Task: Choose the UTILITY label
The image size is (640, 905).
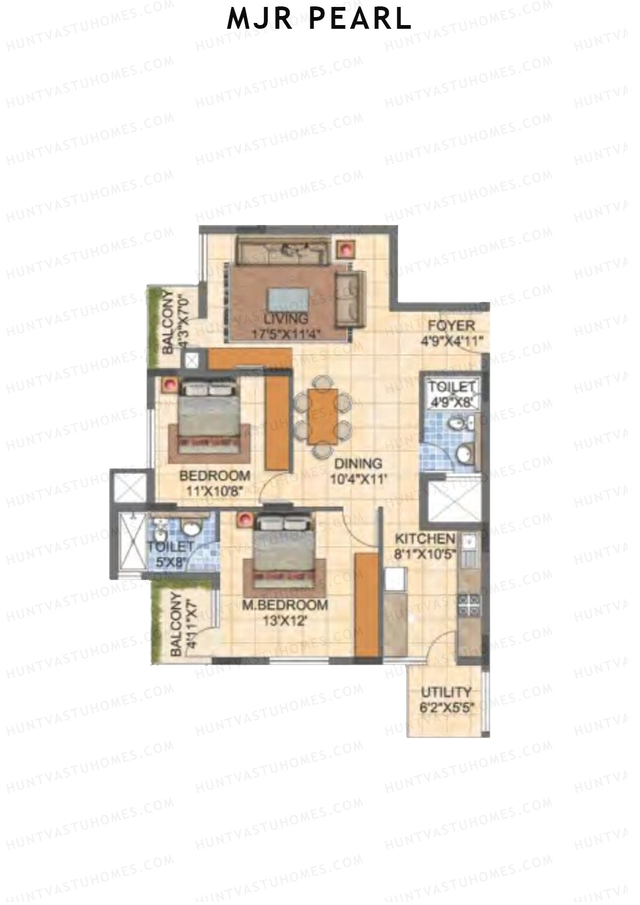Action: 446,692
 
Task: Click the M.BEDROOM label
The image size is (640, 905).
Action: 284,605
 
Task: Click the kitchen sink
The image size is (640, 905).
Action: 468,544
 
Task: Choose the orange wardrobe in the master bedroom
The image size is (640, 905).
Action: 366,605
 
